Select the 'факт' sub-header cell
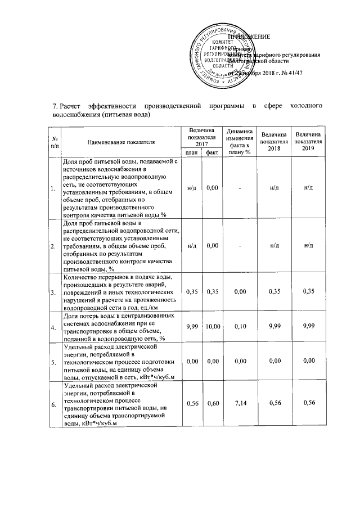click(x=211, y=152)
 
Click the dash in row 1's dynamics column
click(x=239, y=187)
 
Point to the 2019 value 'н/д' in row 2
click(x=308, y=245)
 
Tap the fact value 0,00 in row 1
click(x=212, y=187)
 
